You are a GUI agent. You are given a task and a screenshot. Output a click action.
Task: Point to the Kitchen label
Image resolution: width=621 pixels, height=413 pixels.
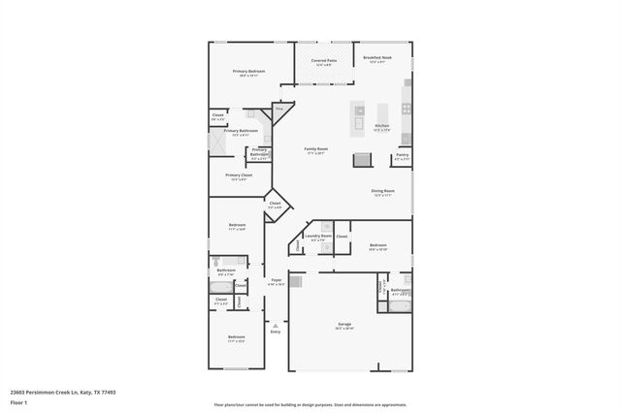pyautogui.click(x=382, y=127)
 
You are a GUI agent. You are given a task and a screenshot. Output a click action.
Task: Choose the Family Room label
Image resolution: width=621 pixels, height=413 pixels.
pyautogui.click(x=317, y=150)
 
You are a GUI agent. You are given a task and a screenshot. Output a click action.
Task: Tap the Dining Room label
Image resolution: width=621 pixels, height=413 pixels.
pyautogui.click(x=382, y=192)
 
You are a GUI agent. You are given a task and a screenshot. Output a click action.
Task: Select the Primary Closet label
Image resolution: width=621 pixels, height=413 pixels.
pyautogui.click(x=239, y=176)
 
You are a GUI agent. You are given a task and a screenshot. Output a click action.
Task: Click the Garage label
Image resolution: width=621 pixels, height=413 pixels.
pyautogui.click(x=344, y=325)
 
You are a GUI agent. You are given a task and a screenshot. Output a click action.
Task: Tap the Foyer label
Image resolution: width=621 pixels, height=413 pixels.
pyautogui.click(x=277, y=281)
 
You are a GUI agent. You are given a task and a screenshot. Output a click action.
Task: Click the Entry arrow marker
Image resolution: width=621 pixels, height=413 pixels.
pyautogui.click(x=276, y=326)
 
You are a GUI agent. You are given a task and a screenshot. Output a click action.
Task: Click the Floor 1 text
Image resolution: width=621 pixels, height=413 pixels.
pyautogui.click(x=18, y=401)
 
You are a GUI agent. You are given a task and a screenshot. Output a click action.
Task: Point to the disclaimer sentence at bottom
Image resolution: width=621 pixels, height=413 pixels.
pyautogui.click(x=310, y=403)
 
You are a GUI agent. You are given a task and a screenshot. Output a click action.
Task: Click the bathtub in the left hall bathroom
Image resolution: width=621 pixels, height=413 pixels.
pyautogui.click(x=229, y=261)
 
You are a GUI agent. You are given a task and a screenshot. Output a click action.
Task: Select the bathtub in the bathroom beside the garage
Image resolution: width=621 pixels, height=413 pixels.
pyautogui.click(x=400, y=306)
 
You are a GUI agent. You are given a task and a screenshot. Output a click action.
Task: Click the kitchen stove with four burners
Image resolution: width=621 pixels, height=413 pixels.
pyautogui.click(x=406, y=109)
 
